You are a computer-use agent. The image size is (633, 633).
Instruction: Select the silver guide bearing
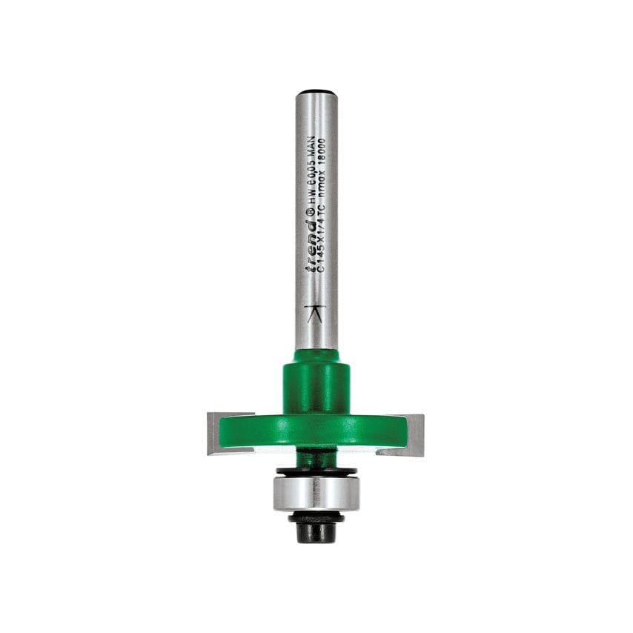click(316, 493)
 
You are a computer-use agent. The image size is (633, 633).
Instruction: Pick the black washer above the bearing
click(316, 471)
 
